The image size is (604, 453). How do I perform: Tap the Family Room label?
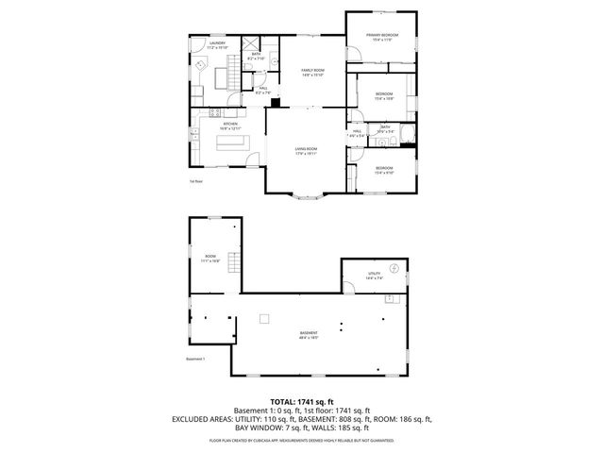coord(312,73)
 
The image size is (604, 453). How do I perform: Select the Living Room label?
coord(305,150)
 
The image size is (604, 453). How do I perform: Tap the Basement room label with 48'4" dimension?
coord(309,333)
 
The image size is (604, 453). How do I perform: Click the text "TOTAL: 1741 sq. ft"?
coord(301,401)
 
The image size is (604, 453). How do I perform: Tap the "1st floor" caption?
coord(196,181)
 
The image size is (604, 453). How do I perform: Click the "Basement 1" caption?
coord(195,359)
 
